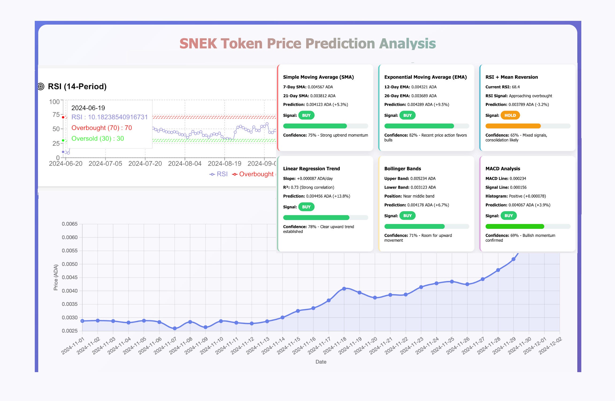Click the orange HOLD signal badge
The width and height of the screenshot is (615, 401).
(510, 115)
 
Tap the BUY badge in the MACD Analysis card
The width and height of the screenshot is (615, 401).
(508, 216)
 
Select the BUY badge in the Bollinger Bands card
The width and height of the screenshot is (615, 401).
(407, 216)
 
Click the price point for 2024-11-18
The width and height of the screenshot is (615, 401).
(344, 289)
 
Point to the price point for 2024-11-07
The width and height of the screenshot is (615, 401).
(175, 328)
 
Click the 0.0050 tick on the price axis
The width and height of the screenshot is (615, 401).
(70, 264)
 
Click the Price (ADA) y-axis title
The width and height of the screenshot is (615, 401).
(56, 277)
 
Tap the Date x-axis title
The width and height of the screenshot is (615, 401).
(321, 362)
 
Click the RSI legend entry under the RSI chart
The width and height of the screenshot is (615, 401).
(218, 174)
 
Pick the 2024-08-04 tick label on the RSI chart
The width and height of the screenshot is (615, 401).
(184, 164)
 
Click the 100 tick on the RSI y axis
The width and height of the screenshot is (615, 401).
(54, 102)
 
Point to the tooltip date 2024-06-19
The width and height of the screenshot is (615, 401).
(88, 108)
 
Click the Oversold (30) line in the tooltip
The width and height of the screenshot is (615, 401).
(98, 138)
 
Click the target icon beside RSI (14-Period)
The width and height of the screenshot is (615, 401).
(41, 86)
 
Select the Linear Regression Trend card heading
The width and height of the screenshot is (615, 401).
(311, 169)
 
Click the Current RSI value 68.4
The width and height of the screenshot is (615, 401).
(516, 87)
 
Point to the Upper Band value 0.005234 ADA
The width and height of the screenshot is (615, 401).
(423, 179)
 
